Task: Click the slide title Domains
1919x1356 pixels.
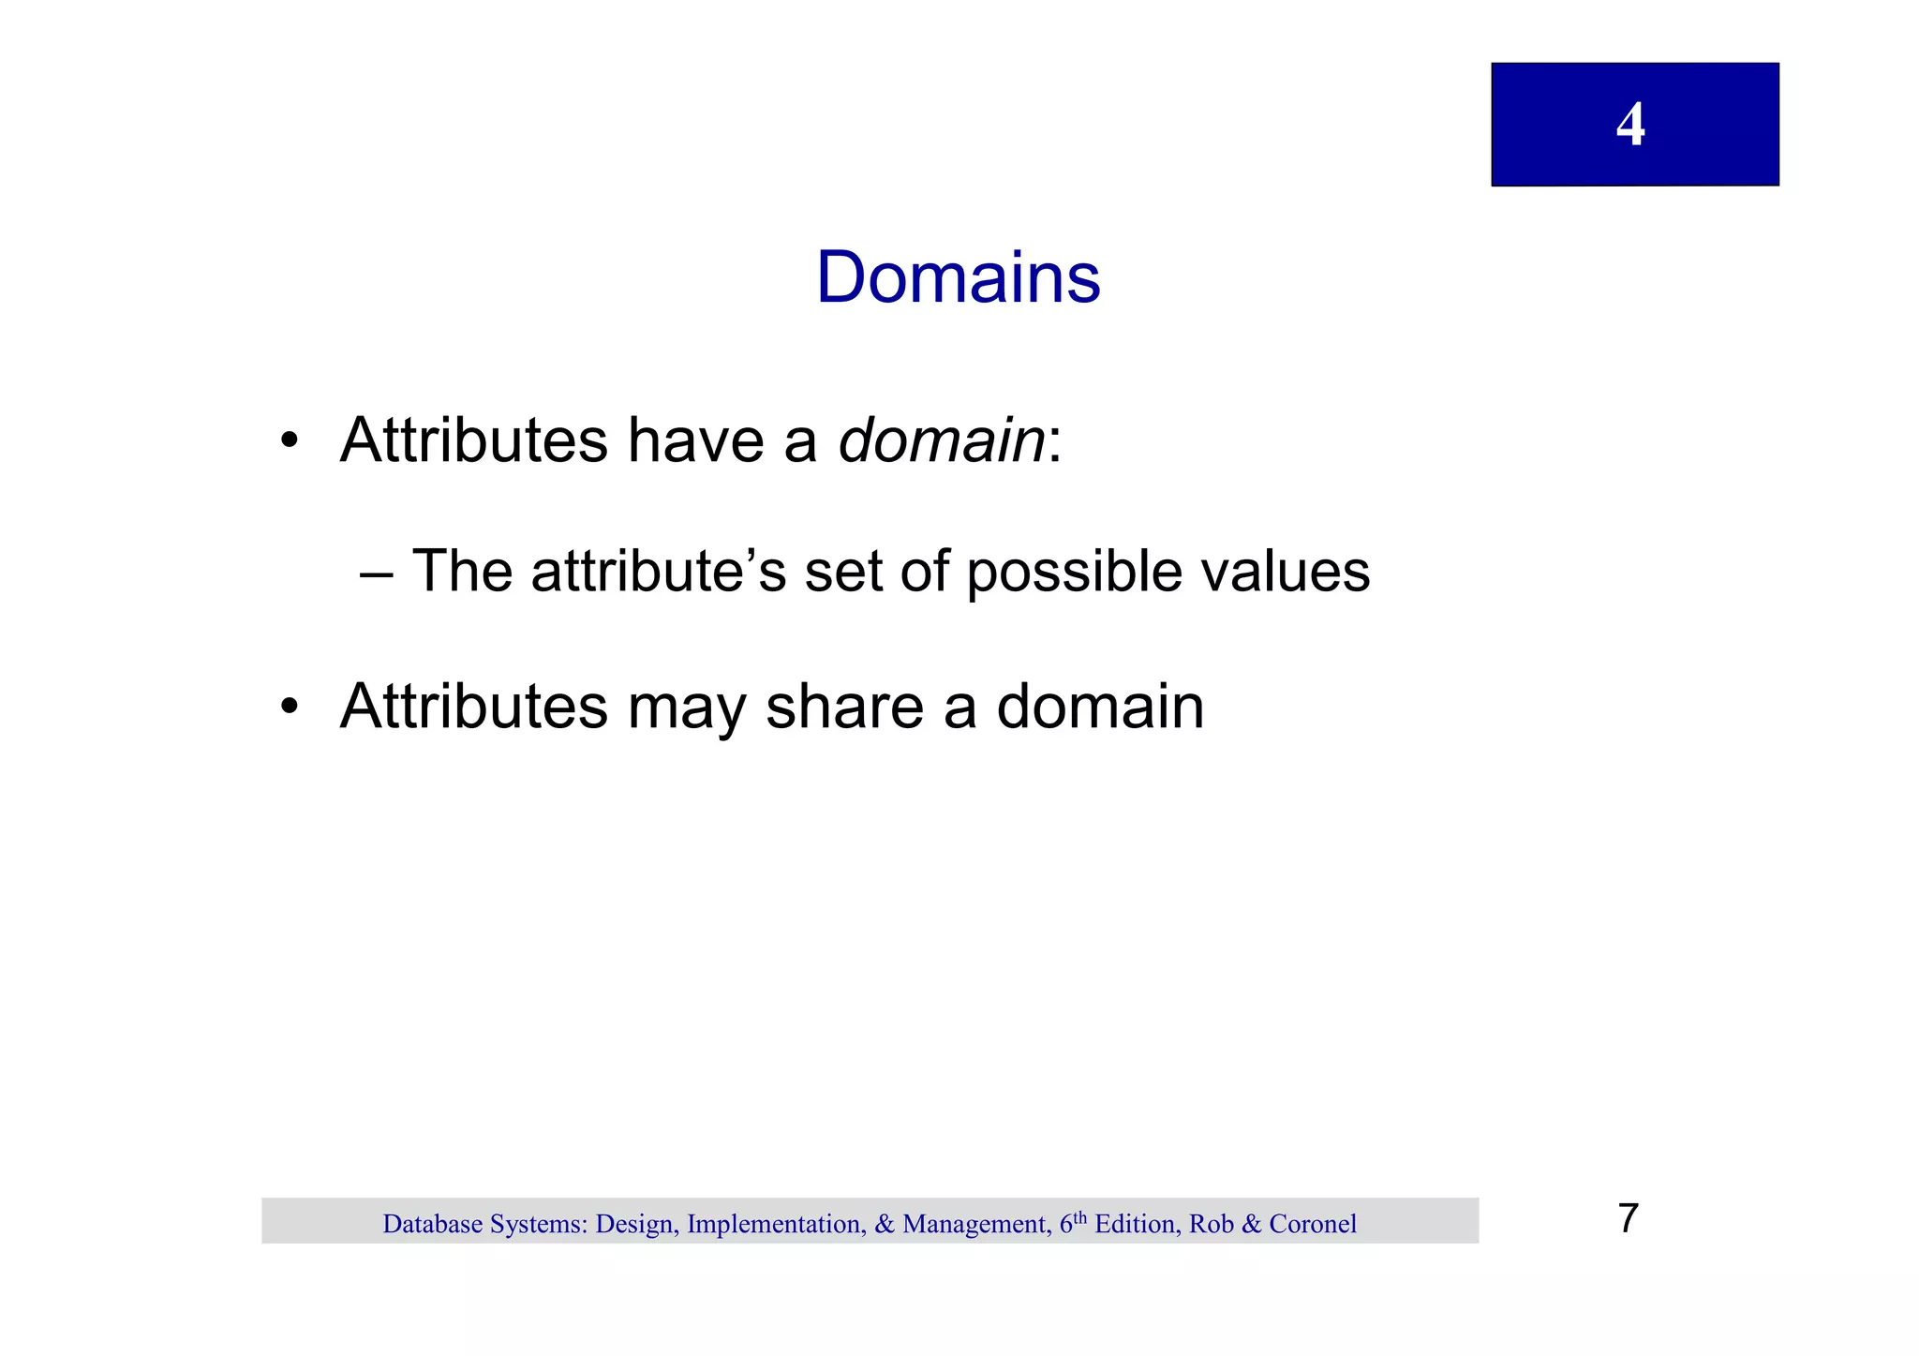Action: point(958,277)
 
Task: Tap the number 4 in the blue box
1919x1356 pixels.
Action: point(1630,125)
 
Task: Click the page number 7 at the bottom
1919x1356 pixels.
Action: point(1628,1218)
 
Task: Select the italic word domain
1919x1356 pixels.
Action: point(941,440)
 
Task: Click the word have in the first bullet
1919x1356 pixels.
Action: point(695,440)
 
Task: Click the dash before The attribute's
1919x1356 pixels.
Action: point(376,573)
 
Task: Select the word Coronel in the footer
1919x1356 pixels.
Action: point(1312,1224)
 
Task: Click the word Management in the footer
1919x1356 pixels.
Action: point(974,1224)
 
